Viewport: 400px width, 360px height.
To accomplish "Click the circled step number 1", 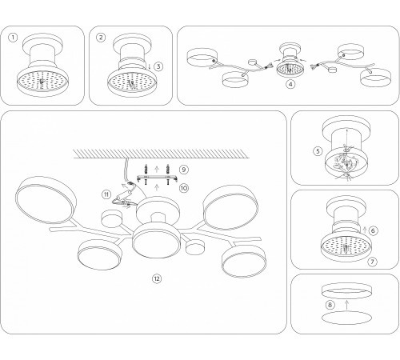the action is click(x=13, y=38).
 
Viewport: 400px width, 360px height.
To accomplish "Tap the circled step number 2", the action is click(x=101, y=38).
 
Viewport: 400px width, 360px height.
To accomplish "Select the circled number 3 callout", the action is click(x=158, y=66).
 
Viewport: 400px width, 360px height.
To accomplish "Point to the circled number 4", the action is click(x=290, y=84).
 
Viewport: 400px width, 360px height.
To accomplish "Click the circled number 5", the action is click(x=318, y=151).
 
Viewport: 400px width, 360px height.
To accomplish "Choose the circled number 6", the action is click(x=373, y=230).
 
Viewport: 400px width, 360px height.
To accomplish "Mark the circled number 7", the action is click(x=372, y=262).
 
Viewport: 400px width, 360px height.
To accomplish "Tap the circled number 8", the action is click(x=330, y=305).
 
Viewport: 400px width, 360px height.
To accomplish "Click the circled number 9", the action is click(x=184, y=170).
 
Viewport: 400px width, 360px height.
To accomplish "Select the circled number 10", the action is click(x=184, y=188).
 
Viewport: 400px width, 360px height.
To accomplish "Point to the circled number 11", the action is click(x=106, y=194).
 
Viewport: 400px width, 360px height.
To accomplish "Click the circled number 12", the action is click(x=157, y=278).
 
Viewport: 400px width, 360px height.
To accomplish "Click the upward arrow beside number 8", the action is click(x=346, y=305).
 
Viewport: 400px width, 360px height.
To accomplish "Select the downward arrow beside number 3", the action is click(x=150, y=66).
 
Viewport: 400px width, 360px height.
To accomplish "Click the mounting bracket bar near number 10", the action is click(x=158, y=178).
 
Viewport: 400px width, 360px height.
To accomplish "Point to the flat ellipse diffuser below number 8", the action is click(x=346, y=318).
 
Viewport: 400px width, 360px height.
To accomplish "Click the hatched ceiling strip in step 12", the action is click(x=162, y=154).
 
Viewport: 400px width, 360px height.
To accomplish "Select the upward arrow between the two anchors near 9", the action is click(x=157, y=169).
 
